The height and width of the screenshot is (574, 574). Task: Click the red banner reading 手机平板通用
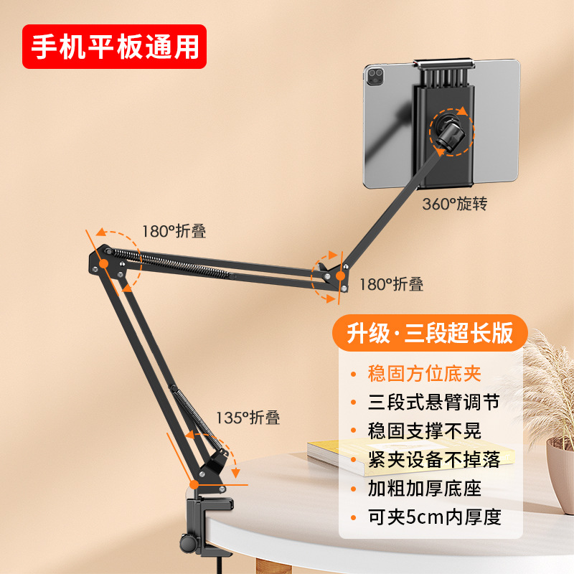pyautogui.click(x=114, y=47)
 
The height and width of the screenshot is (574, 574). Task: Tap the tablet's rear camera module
pyautogui.click(x=375, y=77)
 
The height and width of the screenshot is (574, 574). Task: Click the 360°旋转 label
pyautogui.click(x=455, y=204)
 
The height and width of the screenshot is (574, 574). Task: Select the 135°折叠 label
pyautogui.click(x=248, y=418)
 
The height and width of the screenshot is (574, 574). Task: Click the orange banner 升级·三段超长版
pyautogui.click(x=430, y=333)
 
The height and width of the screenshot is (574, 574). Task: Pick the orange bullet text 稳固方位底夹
pyautogui.click(x=424, y=374)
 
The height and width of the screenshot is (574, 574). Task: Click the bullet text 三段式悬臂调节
pyautogui.click(x=434, y=403)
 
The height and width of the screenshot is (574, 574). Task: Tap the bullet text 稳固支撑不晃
pyautogui.click(x=424, y=431)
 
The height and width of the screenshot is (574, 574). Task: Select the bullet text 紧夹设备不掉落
pyautogui.click(x=434, y=460)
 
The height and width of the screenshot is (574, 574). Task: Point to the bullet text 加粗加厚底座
pyautogui.click(x=424, y=489)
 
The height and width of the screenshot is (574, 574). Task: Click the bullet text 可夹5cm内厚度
pyautogui.click(x=435, y=517)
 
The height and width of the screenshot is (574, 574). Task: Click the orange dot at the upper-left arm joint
pyautogui.click(x=103, y=263)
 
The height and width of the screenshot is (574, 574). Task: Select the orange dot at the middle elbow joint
pyautogui.click(x=340, y=276)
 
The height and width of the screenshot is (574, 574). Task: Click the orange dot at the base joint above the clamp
pyautogui.click(x=194, y=485)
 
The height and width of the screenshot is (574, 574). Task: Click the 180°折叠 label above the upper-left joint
pyautogui.click(x=174, y=231)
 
